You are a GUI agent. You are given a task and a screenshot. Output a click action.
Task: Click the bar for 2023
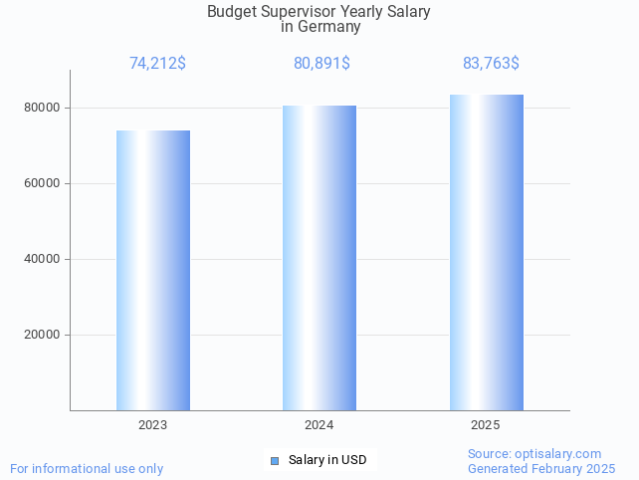coord(153,270)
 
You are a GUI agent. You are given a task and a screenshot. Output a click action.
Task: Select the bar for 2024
coord(319,258)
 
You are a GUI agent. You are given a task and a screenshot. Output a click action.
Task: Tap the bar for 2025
coord(486,252)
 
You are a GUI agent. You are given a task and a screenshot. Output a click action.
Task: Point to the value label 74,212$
coord(157,64)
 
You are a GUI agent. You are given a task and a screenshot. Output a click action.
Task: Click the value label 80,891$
coord(321,64)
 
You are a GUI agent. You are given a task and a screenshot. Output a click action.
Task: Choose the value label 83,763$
coord(491,64)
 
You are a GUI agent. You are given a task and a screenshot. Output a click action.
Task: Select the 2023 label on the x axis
coord(153,425)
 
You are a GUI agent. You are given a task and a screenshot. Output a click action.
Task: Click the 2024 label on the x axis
coord(319,425)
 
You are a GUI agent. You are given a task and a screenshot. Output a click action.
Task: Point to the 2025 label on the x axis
coord(486,425)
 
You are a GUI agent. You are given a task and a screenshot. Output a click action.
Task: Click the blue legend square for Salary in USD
coord(275,460)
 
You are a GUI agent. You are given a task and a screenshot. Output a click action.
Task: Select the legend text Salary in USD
coord(327,460)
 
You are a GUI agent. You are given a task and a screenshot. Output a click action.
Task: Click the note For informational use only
coord(87,468)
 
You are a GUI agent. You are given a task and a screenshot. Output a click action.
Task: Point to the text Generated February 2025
coord(541,469)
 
